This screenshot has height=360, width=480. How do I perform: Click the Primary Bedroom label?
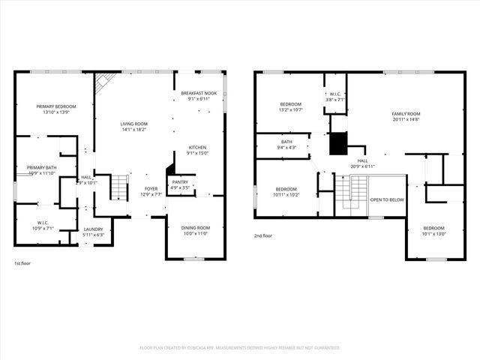point(56,106)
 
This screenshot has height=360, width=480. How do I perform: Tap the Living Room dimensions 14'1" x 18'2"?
point(135,130)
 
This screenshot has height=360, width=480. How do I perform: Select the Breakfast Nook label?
point(199,93)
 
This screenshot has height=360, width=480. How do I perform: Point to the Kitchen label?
point(198,147)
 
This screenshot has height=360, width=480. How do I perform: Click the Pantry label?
point(180,182)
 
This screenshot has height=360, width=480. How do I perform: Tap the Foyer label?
point(151,189)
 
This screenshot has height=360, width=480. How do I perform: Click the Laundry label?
point(94,229)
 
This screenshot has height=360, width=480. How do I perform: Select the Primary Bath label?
point(42,167)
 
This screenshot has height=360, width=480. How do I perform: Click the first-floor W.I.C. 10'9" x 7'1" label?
point(42,222)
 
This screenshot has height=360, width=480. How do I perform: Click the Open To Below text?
point(387,200)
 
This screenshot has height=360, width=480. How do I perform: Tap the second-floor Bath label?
point(287,141)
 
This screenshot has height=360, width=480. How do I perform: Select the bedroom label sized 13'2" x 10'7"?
point(291,104)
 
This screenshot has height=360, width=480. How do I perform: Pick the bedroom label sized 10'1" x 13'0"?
point(433,228)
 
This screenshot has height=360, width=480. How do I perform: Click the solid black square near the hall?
point(339,142)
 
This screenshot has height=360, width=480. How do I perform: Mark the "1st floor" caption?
point(23,263)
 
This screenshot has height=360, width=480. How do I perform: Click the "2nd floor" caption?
point(264,235)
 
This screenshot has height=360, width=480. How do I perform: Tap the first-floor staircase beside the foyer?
point(119,187)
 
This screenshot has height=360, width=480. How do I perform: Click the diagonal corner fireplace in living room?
point(103,82)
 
